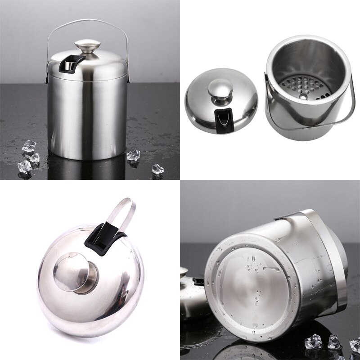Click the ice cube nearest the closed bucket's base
tap(133, 156)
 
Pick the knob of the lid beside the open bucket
tap(220, 90)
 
